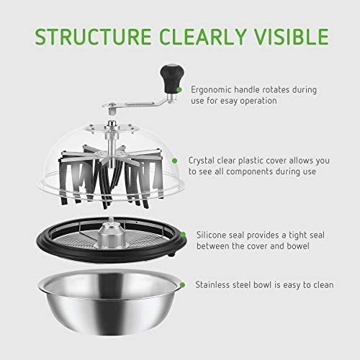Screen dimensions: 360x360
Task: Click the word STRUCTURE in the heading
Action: click(93, 37)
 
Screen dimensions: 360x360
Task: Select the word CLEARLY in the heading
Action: click(203, 37)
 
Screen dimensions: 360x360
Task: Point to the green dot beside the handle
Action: click(179, 90)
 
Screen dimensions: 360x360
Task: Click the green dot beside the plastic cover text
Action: click(175, 161)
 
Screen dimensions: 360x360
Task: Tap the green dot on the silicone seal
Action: click(183, 235)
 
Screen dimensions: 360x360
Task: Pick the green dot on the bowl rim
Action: click(182, 285)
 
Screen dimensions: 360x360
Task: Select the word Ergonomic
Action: click(211, 90)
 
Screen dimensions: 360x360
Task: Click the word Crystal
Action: click(202, 161)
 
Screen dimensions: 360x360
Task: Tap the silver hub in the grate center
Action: click(111, 235)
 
